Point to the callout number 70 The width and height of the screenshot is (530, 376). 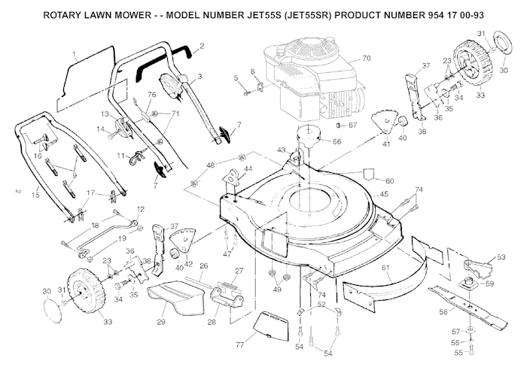[x=367, y=58]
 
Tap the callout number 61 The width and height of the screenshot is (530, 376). [x=385, y=268]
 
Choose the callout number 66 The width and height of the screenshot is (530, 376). [x=337, y=141]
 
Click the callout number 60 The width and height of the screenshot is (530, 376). [x=389, y=180]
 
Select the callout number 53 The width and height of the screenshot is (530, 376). [x=501, y=257]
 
